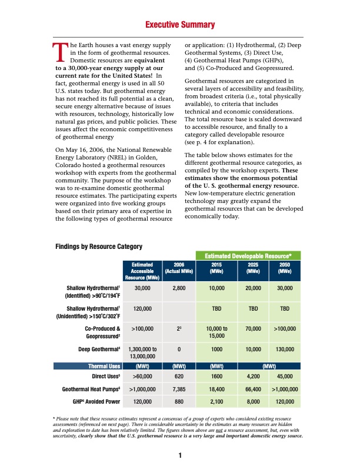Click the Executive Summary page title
180,25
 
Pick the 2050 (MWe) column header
285,268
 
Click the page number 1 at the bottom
180,455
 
